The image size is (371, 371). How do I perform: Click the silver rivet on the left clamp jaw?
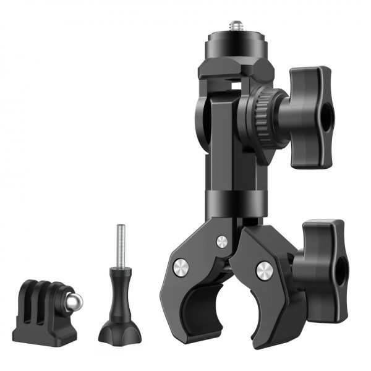(180, 267)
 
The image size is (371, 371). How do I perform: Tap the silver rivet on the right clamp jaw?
(265, 269)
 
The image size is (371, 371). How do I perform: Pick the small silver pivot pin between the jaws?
(221, 240)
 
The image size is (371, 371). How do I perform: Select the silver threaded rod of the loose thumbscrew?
(119, 244)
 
